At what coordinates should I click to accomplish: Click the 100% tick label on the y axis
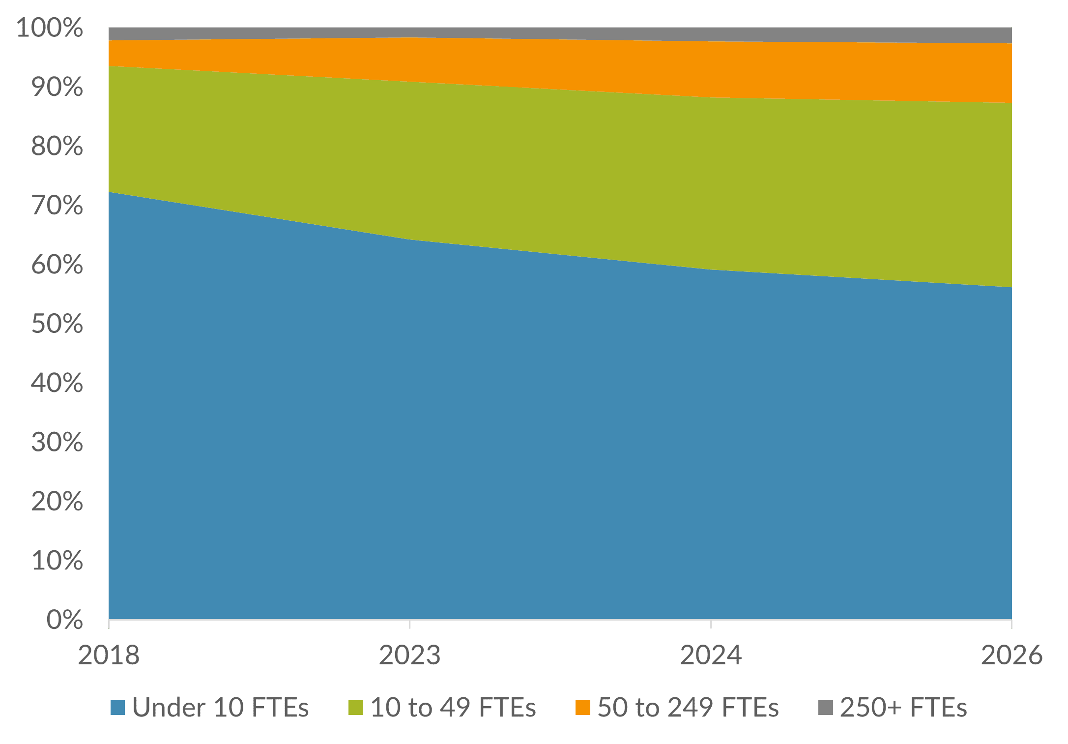pos(49,28)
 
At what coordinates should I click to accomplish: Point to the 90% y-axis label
pos(57,87)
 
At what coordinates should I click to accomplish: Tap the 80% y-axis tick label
pos(57,146)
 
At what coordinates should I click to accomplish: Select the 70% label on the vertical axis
pos(57,205)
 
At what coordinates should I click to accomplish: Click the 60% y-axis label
pos(57,265)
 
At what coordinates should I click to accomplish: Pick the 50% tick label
pos(57,324)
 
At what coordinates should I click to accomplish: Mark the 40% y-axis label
pos(57,383)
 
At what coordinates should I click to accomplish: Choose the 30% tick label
pos(57,442)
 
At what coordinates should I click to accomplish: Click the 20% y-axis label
pos(57,501)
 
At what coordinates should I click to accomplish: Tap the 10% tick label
pos(57,560)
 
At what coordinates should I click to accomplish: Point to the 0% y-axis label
pos(64,620)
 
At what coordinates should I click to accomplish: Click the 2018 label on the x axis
pos(109,655)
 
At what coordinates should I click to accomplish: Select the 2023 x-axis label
pos(409,655)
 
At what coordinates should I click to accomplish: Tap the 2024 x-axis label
pos(711,655)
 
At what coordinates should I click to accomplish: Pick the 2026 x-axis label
pos(1011,655)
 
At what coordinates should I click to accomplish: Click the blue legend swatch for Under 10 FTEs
pos(117,708)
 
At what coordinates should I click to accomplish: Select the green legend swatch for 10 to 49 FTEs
pos(356,708)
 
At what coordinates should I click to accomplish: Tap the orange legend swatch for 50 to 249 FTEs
pos(583,708)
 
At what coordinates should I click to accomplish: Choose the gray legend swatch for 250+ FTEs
pos(826,708)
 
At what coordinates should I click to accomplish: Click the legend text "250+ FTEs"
pos(903,708)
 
